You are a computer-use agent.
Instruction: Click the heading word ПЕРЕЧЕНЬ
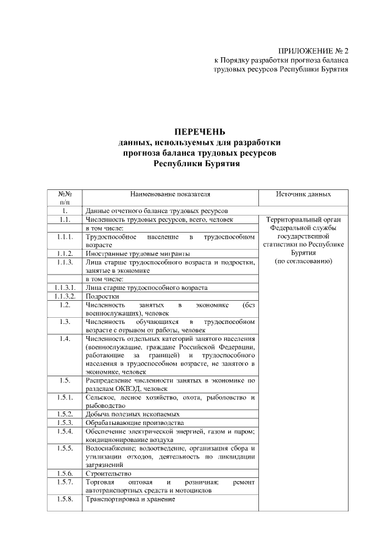click(199, 132)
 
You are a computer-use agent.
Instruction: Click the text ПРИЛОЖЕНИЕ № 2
click(313, 51)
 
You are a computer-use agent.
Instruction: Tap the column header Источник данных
click(303, 194)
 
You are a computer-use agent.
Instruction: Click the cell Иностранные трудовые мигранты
click(138, 253)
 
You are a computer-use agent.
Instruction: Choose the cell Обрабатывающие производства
click(135, 423)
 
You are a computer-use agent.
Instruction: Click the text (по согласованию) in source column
click(303, 262)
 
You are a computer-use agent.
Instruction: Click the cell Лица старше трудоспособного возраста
click(146, 287)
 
